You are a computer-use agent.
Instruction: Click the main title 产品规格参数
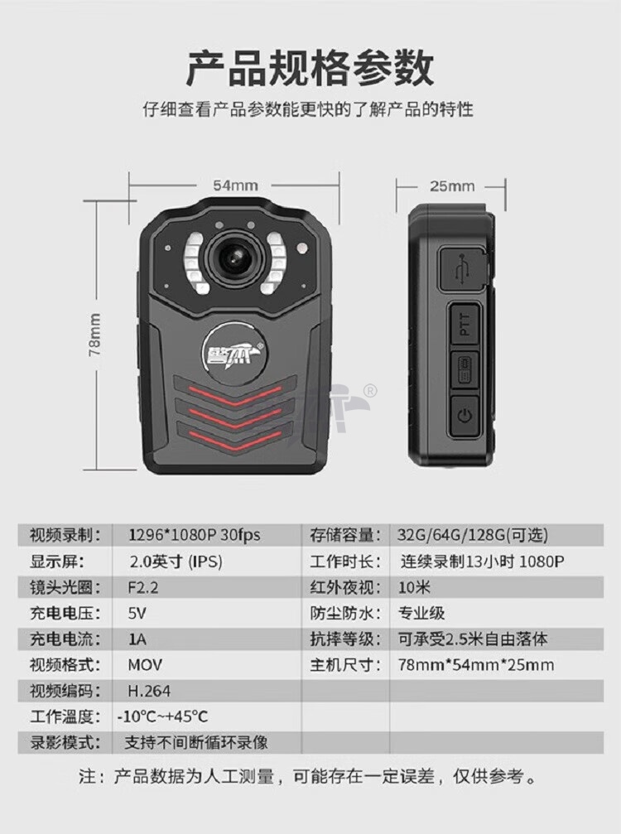[x=310, y=68]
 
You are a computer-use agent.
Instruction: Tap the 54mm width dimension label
[x=235, y=186]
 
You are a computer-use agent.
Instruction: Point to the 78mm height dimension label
[x=94, y=335]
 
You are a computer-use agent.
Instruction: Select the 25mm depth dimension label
[x=452, y=186]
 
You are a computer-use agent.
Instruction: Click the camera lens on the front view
[x=235, y=258]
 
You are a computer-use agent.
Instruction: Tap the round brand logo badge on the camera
[x=233, y=352]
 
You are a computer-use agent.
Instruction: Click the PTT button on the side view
[x=465, y=323]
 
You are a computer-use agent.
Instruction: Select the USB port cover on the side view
[x=463, y=270]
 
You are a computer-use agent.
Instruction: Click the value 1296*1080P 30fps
[x=194, y=535]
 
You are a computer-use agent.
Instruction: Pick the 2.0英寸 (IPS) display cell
[x=176, y=562]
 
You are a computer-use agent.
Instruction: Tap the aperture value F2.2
[x=143, y=587]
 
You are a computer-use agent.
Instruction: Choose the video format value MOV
[x=145, y=665]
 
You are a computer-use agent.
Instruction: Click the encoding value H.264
[x=149, y=691]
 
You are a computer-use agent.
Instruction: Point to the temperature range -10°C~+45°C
[x=162, y=716]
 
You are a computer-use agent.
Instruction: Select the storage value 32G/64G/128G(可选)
[x=472, y=535]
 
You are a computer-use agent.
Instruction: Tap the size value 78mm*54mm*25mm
[x=476, y=665]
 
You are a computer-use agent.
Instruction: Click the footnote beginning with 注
[x=308, y=777]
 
